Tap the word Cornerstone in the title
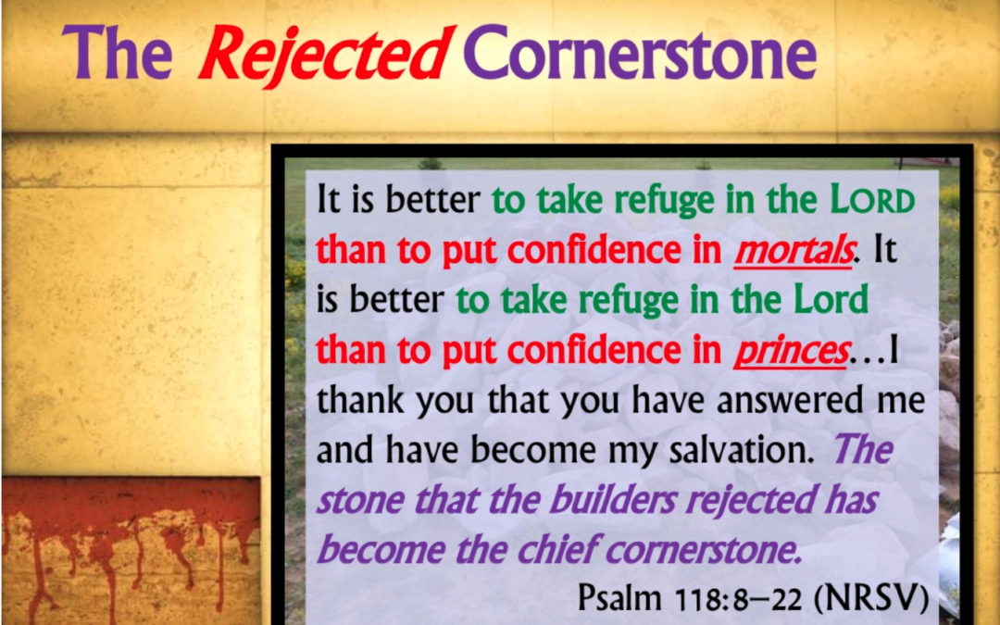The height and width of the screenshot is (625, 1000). pos(641,52)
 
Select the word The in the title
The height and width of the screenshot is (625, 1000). pos(117,52)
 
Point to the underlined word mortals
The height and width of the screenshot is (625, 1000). pos(793,251)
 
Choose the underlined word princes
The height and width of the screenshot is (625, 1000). pos(791,352)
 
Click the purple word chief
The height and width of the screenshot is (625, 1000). pos(556,549)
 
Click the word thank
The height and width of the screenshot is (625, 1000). pos(360,401)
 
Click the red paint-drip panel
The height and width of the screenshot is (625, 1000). pos(131,550)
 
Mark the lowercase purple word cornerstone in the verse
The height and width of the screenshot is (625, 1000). pos(703,550)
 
